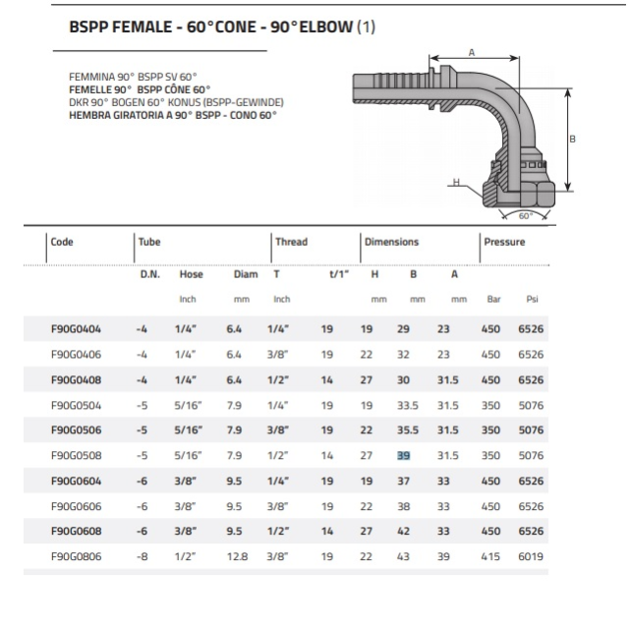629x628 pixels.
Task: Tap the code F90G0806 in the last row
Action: pos(75,557)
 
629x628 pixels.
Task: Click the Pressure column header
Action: pos(505,242)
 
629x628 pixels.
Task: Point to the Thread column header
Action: pos(291,242)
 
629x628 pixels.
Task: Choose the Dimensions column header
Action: pos(391,242)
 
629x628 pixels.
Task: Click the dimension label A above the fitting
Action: pos(472,52)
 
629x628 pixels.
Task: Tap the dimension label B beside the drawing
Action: pos(572,140)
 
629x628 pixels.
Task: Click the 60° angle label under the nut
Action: pos(524,215)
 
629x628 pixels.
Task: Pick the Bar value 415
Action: pos(494,557)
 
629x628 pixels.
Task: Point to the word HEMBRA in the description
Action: pos(89,115)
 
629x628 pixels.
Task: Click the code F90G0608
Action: pos(75,532)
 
